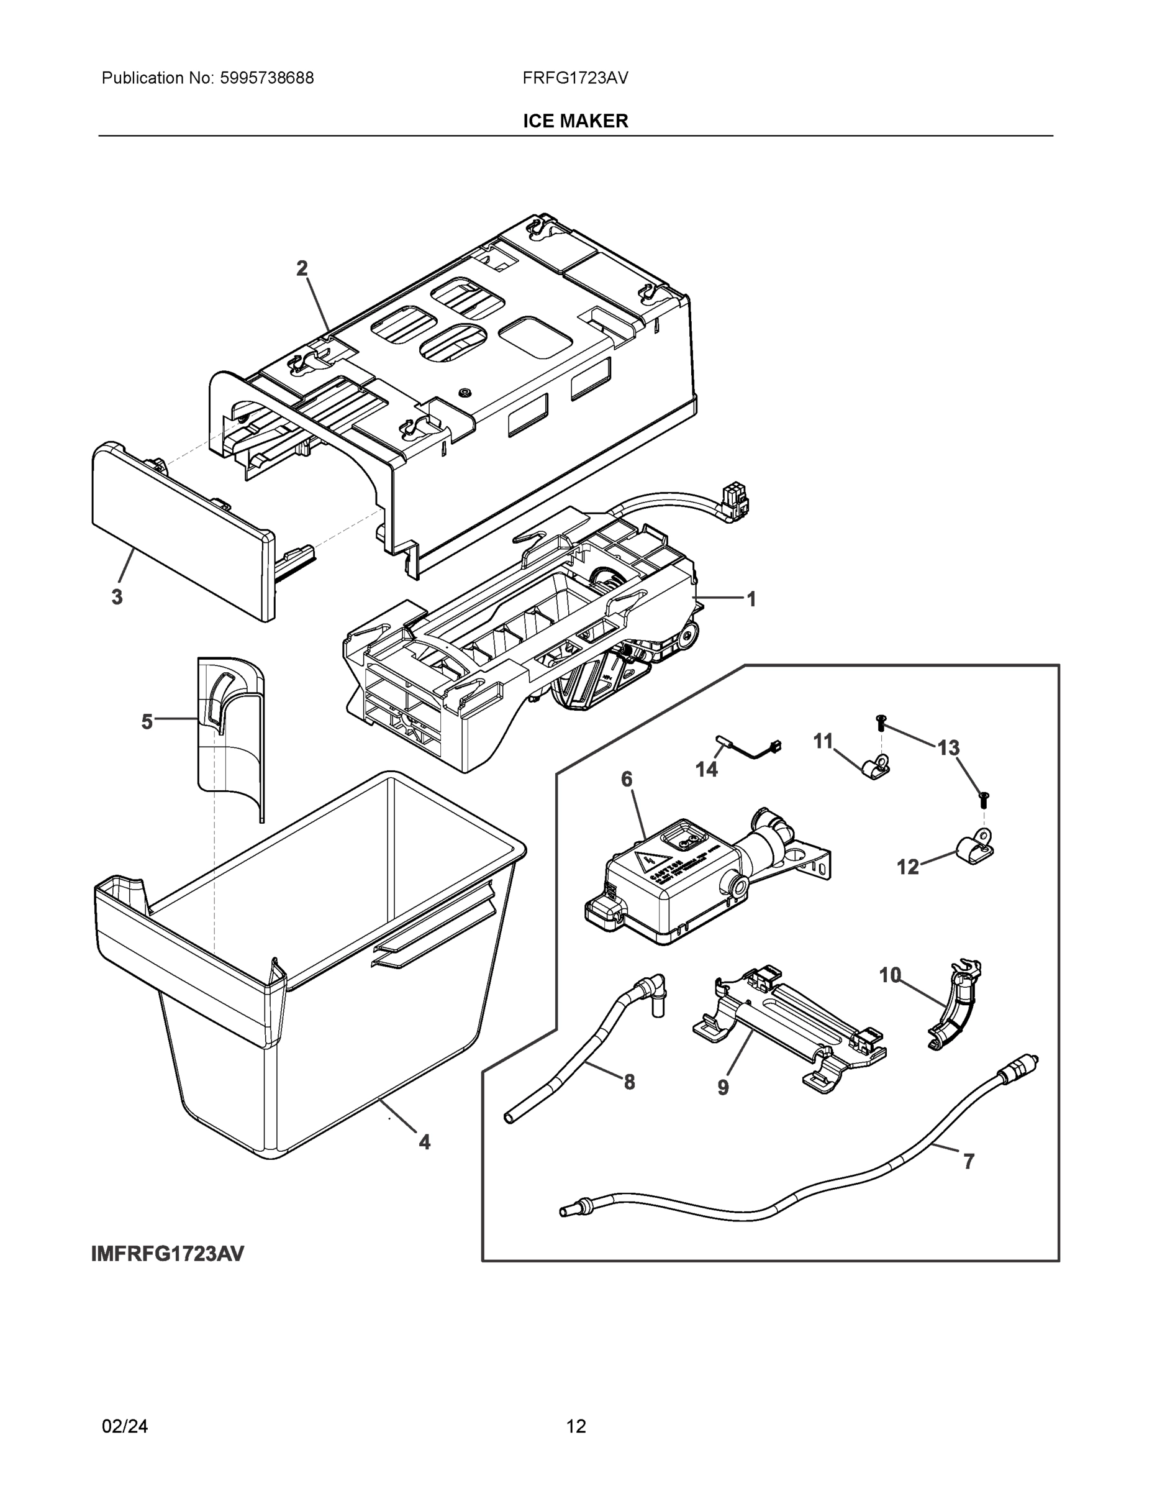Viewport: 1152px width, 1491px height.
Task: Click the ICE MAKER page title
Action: pos(575,121)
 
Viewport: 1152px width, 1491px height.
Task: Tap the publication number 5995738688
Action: pos(266,78)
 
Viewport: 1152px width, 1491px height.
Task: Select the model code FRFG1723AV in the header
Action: pos(575,78)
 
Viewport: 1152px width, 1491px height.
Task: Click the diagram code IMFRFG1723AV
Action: pos(167,1254)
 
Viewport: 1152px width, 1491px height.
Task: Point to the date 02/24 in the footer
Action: pos(125,1426)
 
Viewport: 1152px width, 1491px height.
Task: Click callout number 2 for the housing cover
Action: pos(302,268)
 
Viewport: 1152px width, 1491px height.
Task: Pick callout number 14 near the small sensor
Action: pos(706,769)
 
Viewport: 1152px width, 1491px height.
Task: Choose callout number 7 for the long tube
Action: pos(968,1161)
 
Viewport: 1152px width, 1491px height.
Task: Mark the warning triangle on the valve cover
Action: pos(643,862)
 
